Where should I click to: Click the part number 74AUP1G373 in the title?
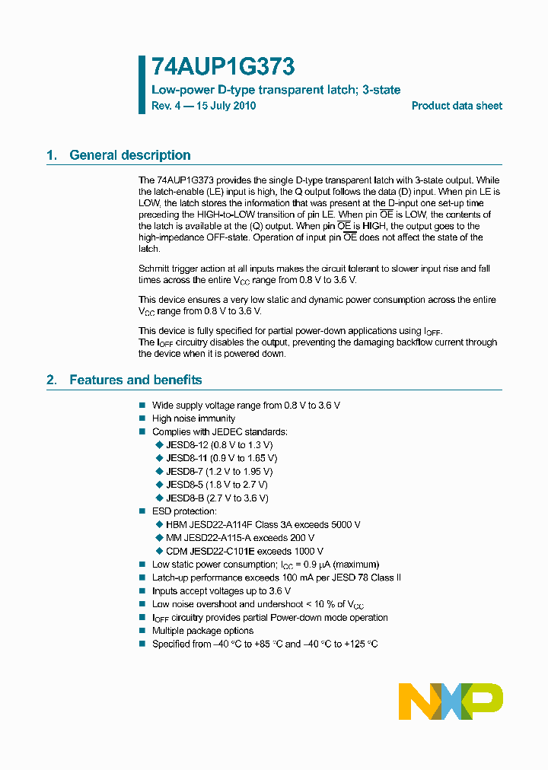click(223, 68)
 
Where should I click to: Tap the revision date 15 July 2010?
click(226, 106)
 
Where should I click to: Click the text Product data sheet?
click(457, 106)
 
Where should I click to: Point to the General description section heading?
click(129, 155)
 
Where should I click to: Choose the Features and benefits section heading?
click(135, 380)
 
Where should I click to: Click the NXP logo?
click(451, 702)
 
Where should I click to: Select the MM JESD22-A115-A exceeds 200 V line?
click(240, 538)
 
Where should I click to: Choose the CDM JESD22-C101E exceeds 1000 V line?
click(244, 551)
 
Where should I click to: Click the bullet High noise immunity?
click(193, 418)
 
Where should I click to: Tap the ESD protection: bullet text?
click(184, 511)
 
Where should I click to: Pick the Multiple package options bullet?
click(202, 631)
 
